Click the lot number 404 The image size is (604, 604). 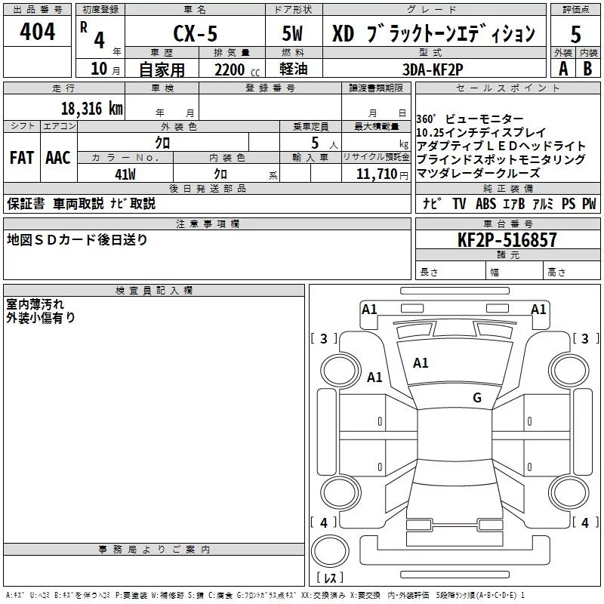pyautogui.click(x=37, y=31)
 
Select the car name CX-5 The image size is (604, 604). pyautogui.click(x=196, y=33)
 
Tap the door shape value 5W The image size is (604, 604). pyautogui.click(x=292, y=33)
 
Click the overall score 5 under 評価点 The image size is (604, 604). pyautogui.click(x=575, y=34)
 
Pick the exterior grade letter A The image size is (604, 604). pyautogui.click(x=563, y=69)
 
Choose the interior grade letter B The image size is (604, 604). pyautogui.click(x=587, y=69)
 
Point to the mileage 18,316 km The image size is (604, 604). pyautogui.click(x=91, y=109)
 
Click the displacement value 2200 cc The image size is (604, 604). pyautogui.click(x=237, y=69)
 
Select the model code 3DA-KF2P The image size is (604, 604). pyautogui.click(x=433, y=69)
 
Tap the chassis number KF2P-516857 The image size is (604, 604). pyautogui.click(x=507, y=240)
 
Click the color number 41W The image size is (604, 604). pyautogui.click(x=125, y=174)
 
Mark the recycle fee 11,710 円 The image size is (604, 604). pyautogui.click(x=382, y=174)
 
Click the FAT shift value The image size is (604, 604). pyautogui.click(x=22, y=158)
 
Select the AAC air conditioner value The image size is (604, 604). pyautogui.click(x=58, y=158)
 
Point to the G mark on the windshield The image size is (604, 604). pyautogui.click(x=477, y=397)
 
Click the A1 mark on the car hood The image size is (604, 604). pyautogui.click(x=421, y=363)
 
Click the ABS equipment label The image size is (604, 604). pyautogui.click(x=485, y=203)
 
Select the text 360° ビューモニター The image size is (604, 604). pyautogui.click(x=470, y=119)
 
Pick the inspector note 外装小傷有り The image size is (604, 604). pyautogui.click(x=41, y=318)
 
